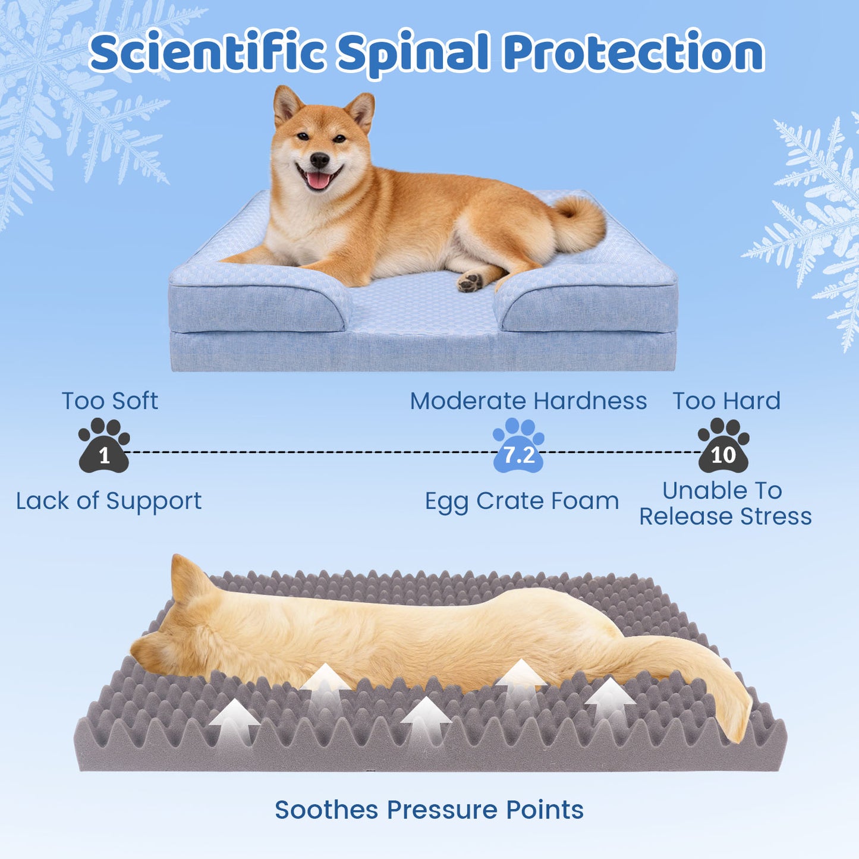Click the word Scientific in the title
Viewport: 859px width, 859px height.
coord(208,52)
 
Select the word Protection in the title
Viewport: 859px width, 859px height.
coord(634,52)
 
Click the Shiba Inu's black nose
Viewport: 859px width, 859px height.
coord(319,159)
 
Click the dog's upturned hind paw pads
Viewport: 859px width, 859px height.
coord(470,282)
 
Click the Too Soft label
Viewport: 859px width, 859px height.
coord(110,401)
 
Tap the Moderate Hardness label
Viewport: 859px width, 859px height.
coord(528,401)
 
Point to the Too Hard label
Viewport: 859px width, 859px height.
coord(726,401)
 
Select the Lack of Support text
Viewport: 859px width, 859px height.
coord(109,501)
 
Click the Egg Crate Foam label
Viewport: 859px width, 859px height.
coord(522,501)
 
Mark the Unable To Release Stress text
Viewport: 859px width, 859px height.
coord(725,504)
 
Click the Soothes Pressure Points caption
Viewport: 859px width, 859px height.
coord(429,810)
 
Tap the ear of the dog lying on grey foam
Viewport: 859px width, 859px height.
coord(187,580)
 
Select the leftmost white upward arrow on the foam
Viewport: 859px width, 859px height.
coord(234,719)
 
